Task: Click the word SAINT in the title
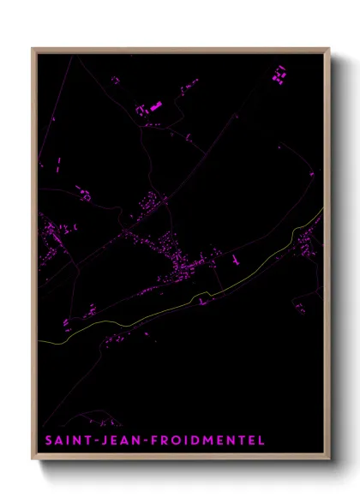coord(63,440)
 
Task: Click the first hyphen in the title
coord(90,441)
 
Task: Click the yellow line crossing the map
coord(171,308)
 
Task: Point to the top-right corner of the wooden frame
coord(328,49)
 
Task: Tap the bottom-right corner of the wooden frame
coord(328,460)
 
